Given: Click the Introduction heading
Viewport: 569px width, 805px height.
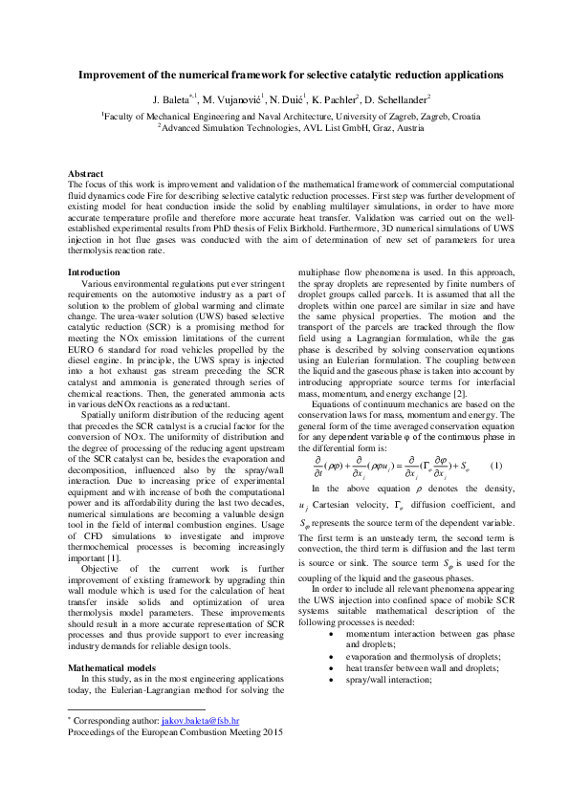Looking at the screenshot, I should pos(94,273).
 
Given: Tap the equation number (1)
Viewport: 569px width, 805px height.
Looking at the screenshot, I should pos(495,466).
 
